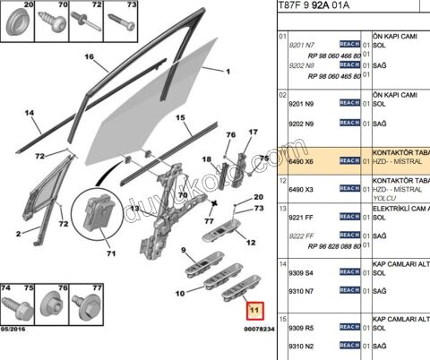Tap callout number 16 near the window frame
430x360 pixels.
tap(89, 57)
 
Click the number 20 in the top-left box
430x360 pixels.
tap(17, 5)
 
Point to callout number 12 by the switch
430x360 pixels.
tap(252, 242)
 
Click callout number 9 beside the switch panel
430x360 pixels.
tap(183, 250)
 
